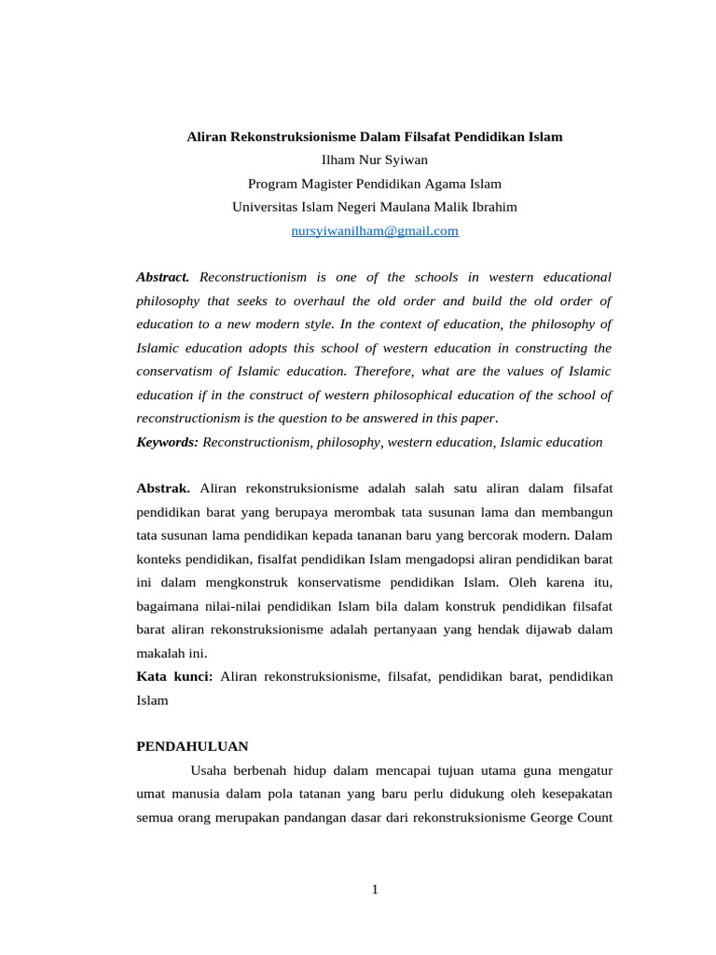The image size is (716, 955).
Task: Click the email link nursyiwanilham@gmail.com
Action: click(x=375, y=230)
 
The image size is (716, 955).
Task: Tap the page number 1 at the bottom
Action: click(x=375, y=889)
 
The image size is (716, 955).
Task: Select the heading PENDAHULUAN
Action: click(x=193, y=746)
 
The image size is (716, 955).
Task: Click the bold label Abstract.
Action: click(x=163, y=277)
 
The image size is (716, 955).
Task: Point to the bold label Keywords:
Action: click(x=168, y=442)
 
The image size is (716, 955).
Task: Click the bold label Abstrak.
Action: click(x=163, y=489)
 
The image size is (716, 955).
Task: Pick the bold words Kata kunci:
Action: click(x=174, y=676)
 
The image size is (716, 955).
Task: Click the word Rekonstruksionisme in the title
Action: click(x=283, y=136)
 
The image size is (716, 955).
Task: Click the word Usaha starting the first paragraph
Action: click(x=210, y=771)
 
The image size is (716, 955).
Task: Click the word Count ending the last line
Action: click(x=595, y=818)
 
